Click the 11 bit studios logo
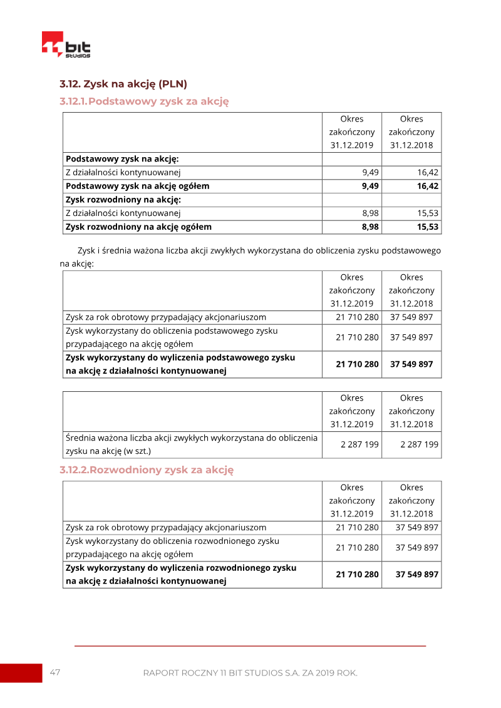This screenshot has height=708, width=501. [x=66, y=45]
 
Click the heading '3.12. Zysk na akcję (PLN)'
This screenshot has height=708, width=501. [x=123, y=84]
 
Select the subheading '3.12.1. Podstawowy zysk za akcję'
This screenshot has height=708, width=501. [x=144, y=101]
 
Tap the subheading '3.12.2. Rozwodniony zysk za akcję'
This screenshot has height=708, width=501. [x=147, y=469]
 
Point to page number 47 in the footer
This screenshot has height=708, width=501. [x=55, y=672]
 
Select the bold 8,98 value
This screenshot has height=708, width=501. [x=370, y=227]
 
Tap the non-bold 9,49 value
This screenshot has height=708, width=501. [x=370, y=172]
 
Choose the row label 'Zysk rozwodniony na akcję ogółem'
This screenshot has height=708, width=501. [x=138, y=227]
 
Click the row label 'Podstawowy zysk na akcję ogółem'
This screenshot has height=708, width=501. [x=137, y=186]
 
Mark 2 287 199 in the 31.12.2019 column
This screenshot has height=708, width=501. [x=359, y=445]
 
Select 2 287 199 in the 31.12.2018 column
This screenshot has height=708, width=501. [x=419, y=445]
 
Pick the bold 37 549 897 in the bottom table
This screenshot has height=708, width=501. [x=416, y=574]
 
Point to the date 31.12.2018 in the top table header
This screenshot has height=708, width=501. [x=411, y=145]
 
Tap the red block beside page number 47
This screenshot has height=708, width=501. [x=21, y=673]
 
